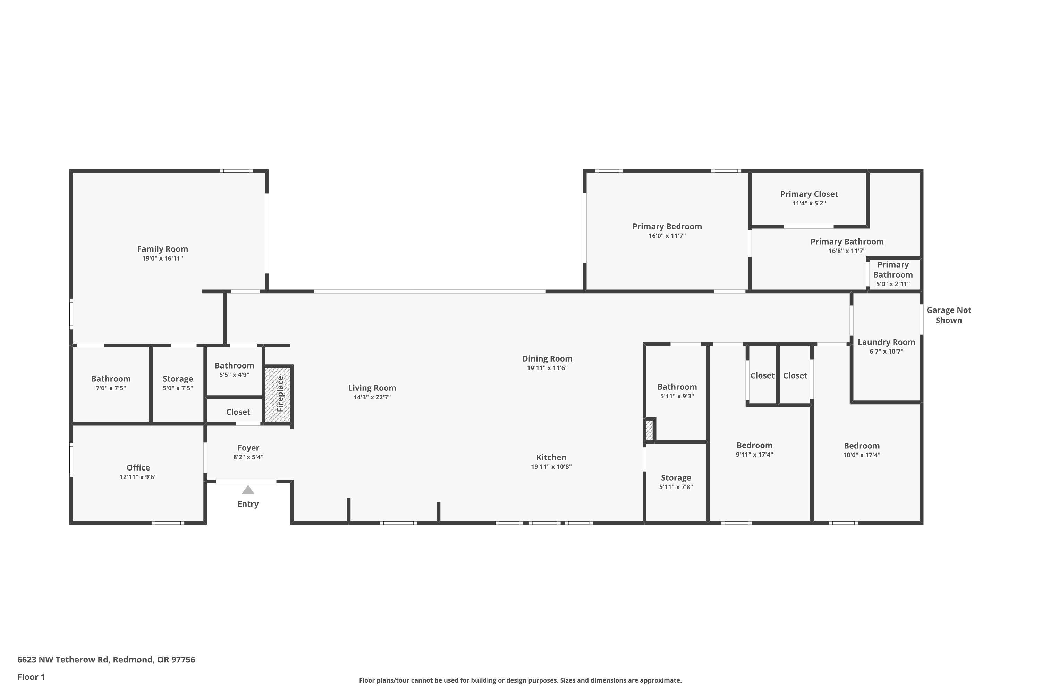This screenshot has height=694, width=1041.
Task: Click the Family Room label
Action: click(x=162, y=249)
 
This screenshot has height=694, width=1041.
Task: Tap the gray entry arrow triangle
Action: click(x=248, y=490)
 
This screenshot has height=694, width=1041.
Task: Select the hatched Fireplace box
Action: click(x=278, y=394)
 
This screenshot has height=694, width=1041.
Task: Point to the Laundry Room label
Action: click(x=886, y=342)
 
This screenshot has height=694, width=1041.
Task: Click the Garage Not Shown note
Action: click(x=948, y=315)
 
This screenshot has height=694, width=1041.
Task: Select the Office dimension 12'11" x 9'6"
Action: click(x=138, y=477)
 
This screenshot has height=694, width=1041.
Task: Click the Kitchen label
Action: click(x=551, y=458)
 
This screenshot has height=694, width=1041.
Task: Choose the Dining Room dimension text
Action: click(x=547, y=368)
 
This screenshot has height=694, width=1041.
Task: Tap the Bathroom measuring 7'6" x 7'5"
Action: click(x=111, y=379)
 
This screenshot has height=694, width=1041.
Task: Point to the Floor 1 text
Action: click(x=31, y=677)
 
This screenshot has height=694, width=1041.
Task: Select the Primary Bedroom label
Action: click(x=667, y=227)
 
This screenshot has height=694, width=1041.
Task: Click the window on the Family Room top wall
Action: click(x=236, y=171)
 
